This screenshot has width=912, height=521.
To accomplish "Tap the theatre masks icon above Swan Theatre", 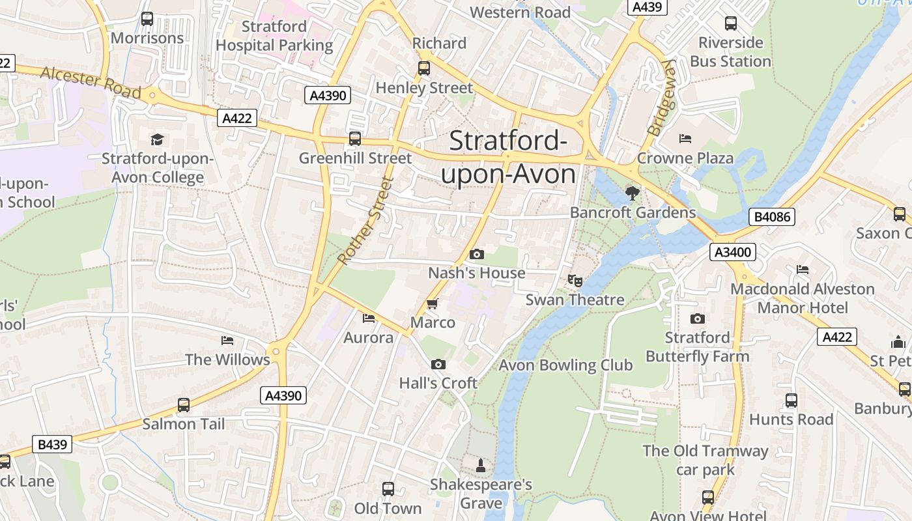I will pyautogui.click(x=575, y=281).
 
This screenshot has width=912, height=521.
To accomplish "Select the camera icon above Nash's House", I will pyautogui.click(x=477, y=254).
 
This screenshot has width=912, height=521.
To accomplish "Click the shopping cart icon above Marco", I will pyautogui.click(x=432, y=304).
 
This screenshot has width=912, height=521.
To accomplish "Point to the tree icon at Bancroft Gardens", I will pyautogui.click(x=632, y=193).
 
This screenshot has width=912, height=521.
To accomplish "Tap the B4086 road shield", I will pyautogui.click(x=772, y=217).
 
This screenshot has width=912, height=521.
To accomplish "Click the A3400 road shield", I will pyautogui.click(x=733, y=252).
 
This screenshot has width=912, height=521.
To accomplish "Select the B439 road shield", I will pyautogui.click(x=52, y=445).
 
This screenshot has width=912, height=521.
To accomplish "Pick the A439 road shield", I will pyautogui.click(x=647, y=7).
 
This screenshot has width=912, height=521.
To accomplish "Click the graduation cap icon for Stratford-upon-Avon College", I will pyautogui.click(x=157, y=139).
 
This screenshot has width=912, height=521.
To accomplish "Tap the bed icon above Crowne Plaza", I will pyautogui.click(x=685, y=139).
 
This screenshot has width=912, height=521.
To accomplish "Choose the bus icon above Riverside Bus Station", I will pyautogui.click(x=731, y=23).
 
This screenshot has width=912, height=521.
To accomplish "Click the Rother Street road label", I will pyautogui.click(x=366, y=221).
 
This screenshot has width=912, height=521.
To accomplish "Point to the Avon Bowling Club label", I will pyautogui.click(x=565, y=365).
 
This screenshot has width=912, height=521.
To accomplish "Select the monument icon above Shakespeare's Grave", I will pyautogui.click(x=481, y=465).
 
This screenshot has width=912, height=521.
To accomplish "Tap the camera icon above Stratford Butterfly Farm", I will pyautogui.click(x=698, y=318).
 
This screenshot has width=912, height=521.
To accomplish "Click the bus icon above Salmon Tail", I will pyautogui.click(x=184, y=405).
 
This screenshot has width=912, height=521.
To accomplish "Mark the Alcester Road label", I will pyautogui.click(x=91, y=82).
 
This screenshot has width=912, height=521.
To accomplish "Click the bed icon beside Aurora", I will pyautogui.click(x=369, y=318).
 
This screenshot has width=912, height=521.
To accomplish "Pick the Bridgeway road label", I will pyautogui.click(x=662, y=98).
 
